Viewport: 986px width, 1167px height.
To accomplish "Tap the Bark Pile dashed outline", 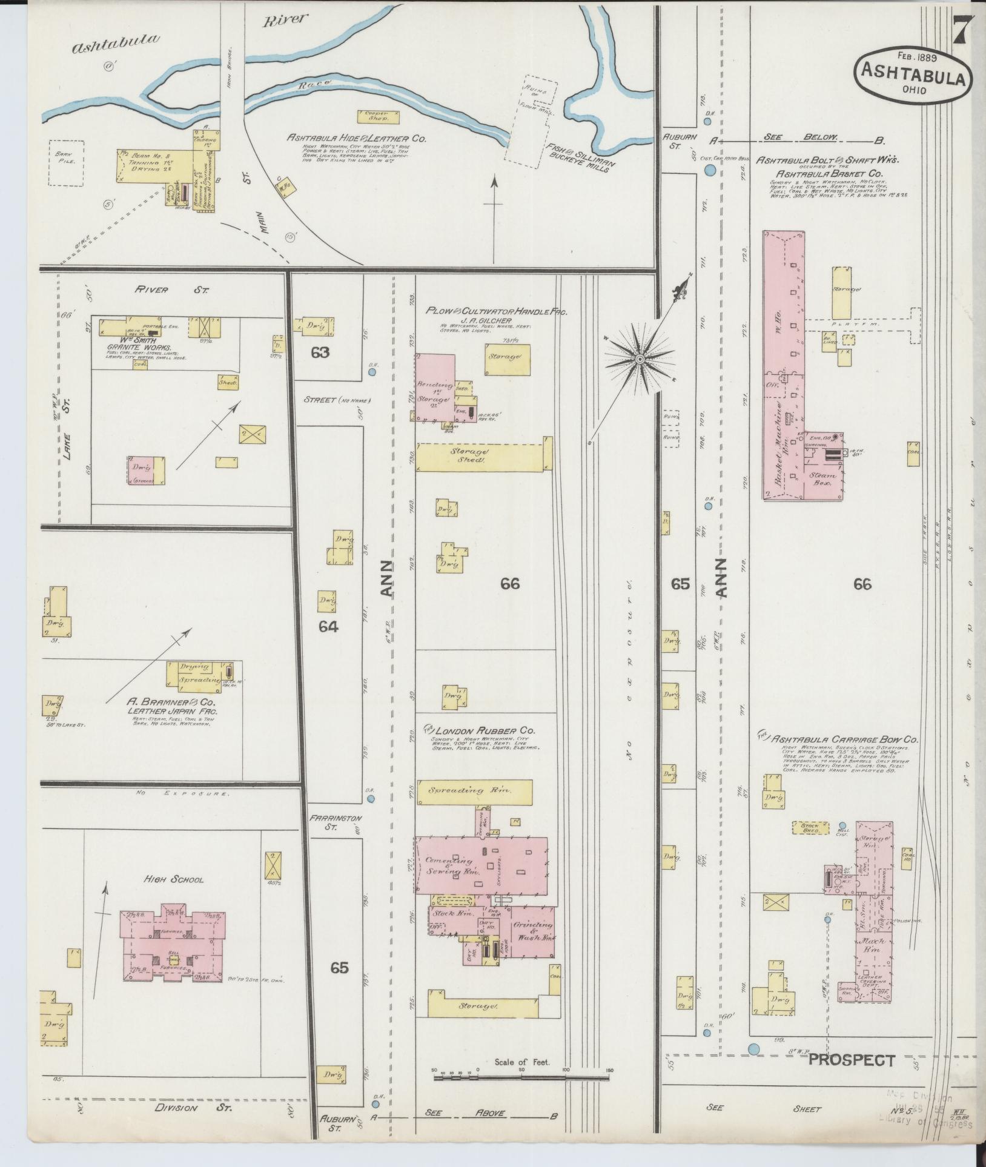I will (66, 162).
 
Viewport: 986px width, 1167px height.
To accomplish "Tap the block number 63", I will (320, 352).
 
